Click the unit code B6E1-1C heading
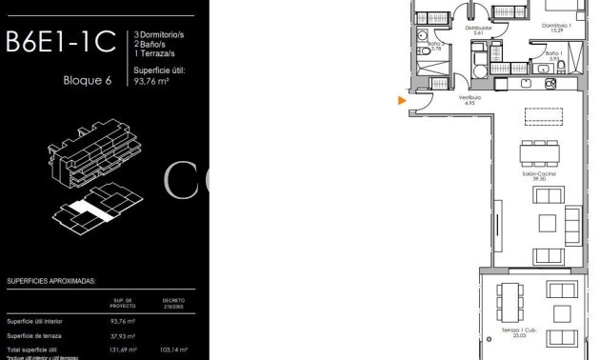[60, 42]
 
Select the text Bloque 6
[88, 80]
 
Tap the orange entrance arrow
[402, 99]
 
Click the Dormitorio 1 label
[556, 26]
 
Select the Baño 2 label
[434, 44]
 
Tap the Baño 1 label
[555, 53]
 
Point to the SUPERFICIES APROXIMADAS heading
[57, 282]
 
